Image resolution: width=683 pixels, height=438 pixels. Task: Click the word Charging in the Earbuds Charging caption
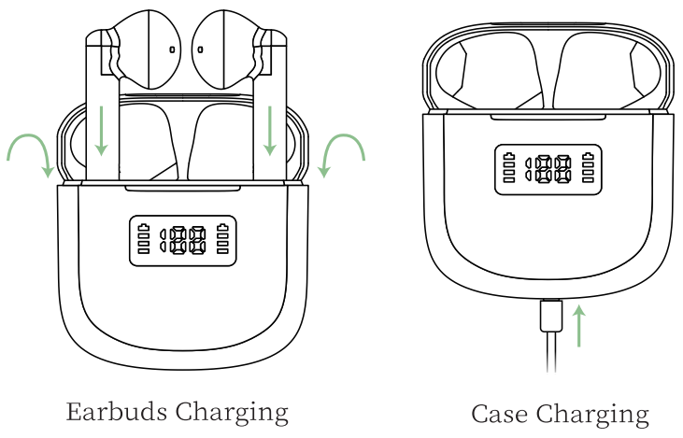pyautogui.click(x=232, y=412)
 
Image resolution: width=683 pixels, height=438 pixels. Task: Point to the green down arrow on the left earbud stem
pyautogui.click(x=101, y=131)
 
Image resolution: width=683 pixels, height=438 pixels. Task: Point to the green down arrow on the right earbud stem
pyautogui.click(x=270, y=131)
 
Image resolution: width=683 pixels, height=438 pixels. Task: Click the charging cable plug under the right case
pyautogui.click(x=550, y=315)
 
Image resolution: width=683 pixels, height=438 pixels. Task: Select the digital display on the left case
pyautogui.click(x=183, y=242)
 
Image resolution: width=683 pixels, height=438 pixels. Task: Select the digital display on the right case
pyautogui.click(x=549, y=169)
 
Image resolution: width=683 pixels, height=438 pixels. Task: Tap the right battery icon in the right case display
pyautogui.click(x=589, y=168)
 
